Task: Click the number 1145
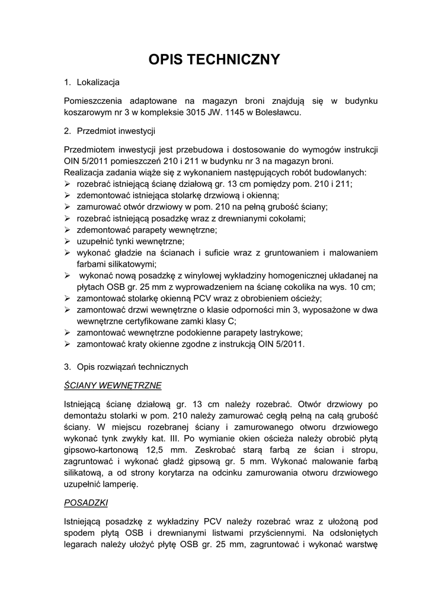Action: pos(238,112)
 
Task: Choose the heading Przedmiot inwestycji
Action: pos(116,130)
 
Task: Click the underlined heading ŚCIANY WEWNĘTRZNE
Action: pos(113,385)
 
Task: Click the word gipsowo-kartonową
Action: pos(101,449)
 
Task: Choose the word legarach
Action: pos(81,544)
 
